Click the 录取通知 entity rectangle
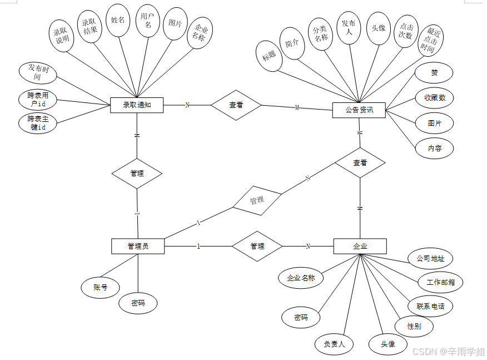137,105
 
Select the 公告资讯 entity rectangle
360,110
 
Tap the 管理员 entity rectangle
138,246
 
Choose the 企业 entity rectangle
360,246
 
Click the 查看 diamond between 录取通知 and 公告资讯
236,105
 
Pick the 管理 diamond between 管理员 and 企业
257,246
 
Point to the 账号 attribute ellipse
100,287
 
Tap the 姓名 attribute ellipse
118,21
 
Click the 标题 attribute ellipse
269,56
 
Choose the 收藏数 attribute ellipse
435,98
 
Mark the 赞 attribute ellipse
434,73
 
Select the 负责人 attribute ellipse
334,344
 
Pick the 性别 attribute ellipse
414,326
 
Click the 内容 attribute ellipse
434,148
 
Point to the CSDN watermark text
448,352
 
